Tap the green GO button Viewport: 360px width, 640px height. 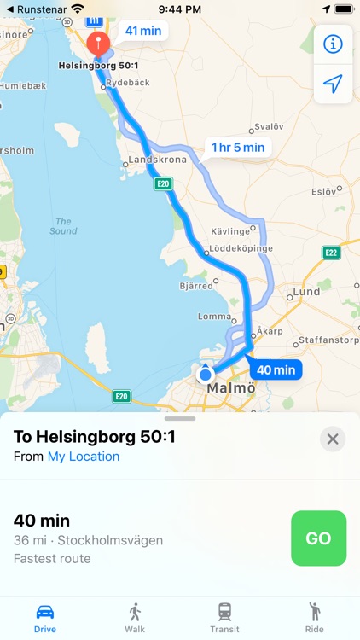point(318,538)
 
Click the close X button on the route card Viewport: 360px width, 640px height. point(333,439)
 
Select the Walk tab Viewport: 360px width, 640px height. point(135,617)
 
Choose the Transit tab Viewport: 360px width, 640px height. point(224,617)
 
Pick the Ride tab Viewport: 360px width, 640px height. point(314,617)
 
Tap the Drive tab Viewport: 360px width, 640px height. point(45,617)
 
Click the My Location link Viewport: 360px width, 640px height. point(84,457)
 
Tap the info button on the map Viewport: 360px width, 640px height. point(334,44)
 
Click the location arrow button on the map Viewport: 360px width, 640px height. point(334,84)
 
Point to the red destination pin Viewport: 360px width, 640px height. point(98,44)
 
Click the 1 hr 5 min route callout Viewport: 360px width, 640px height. point(238,147)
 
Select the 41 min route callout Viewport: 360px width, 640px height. point(143,31)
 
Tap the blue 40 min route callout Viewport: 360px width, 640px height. point(276,369)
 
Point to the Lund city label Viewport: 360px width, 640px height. point(306,292)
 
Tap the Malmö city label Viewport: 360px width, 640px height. point(231,388)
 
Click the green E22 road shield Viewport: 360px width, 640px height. point(331,253)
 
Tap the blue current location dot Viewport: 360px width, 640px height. point(205,374)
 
